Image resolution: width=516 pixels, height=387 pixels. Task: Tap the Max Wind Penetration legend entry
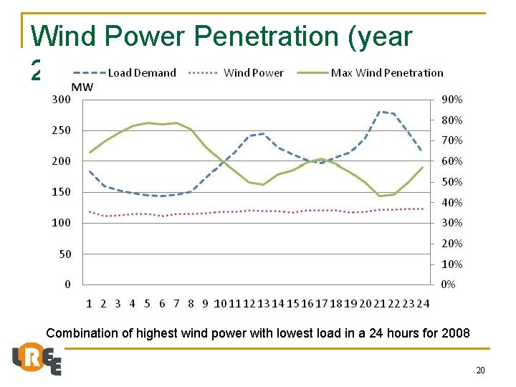pos(386,72)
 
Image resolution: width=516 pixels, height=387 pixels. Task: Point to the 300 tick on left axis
pos(62,100)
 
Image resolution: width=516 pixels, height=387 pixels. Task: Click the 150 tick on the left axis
pos(62,192)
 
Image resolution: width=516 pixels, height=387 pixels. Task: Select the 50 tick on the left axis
pos(64,254)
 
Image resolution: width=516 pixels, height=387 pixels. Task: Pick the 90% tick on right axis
pos(451,100)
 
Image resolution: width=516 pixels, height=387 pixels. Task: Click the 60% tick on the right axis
pos(451,161)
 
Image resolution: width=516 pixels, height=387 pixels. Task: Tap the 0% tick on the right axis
pos(449,285)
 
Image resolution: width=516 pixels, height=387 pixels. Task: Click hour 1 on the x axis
pos(89,303)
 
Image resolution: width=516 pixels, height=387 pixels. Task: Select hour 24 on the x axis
pos(423,303)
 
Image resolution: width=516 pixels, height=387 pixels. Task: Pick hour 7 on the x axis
pos(176,303)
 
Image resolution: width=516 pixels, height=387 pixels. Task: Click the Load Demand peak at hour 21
pos(380,112)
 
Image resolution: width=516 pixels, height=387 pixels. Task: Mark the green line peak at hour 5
pos(148,123)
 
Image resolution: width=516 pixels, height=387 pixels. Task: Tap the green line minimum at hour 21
pos(380,196)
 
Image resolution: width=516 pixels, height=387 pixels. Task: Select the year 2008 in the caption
pos(457,333)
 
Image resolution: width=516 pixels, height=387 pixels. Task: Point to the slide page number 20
pos(480,370)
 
